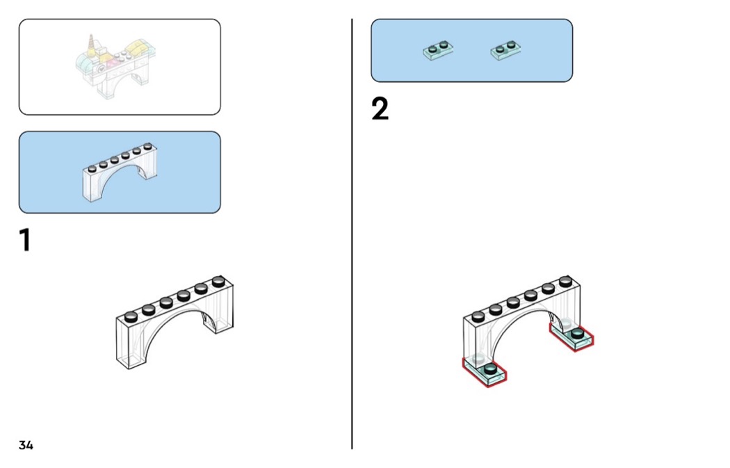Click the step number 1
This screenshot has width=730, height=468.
coord(24,240)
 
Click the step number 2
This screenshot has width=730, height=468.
coord(380,110)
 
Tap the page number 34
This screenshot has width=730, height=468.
coord(26,445)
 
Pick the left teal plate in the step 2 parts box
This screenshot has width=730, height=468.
coord(438,51)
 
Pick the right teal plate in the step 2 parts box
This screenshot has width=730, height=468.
coord(506,50)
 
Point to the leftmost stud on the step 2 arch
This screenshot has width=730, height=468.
coord(478,316)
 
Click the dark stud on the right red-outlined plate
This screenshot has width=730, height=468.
coord(578,334)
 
